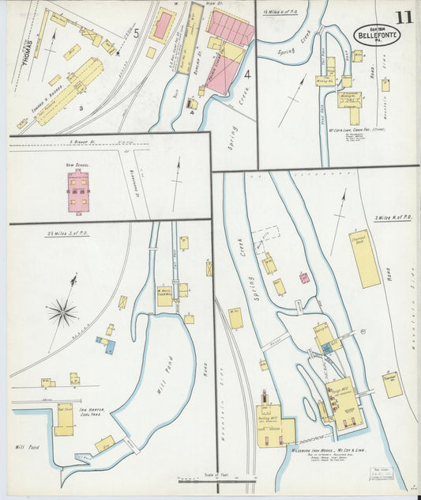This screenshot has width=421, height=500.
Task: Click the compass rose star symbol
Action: pos(62,312)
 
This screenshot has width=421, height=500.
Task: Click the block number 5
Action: pos(136,32)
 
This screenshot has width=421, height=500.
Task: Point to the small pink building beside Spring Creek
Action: pos(304,278)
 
